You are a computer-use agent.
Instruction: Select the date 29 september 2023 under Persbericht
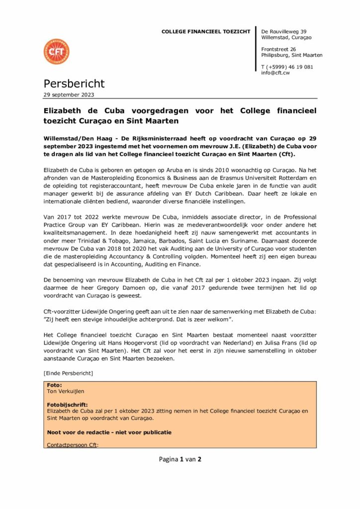tap(69, 94)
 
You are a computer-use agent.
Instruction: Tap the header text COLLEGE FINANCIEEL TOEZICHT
tap(206, 32)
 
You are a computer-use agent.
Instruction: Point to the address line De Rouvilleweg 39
tap(284, 32)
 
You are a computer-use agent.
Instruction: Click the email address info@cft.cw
tap(275, 73)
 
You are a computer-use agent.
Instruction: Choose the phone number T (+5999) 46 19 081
tap(287, 67)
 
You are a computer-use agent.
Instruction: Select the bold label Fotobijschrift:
tap(67, 405)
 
